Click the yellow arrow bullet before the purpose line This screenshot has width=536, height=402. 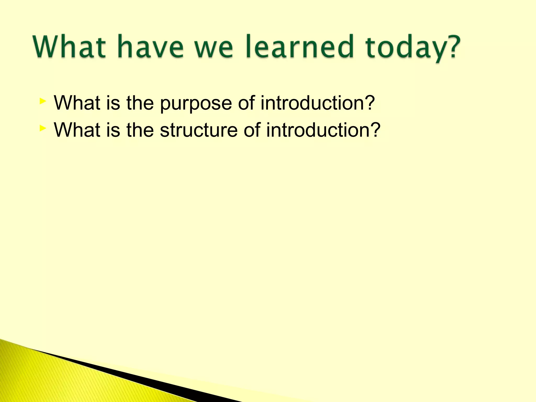coord(43,101)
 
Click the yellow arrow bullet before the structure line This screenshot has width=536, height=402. coord(43,128)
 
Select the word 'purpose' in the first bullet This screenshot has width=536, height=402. coord(196,103)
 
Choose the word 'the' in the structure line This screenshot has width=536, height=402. coord(140,130)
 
